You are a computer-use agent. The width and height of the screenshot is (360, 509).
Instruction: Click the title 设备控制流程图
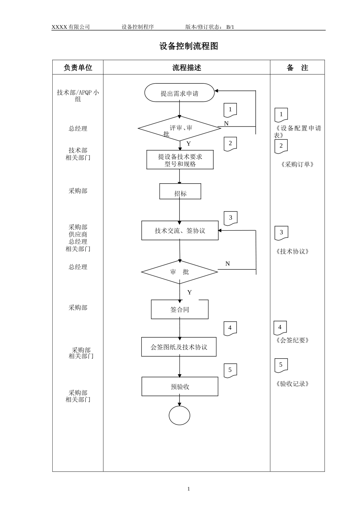188,46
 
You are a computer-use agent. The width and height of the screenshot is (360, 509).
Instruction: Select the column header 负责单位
78,68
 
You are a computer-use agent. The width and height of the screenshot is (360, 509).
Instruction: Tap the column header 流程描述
186,68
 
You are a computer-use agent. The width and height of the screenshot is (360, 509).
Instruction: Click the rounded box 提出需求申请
179,93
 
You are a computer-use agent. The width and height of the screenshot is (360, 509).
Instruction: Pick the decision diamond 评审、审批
179,129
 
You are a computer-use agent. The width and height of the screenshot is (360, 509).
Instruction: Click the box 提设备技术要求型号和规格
180,160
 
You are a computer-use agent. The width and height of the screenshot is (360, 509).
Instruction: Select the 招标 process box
180,192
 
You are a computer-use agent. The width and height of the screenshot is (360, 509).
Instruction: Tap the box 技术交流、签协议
180,231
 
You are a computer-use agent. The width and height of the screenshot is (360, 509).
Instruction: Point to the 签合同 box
180,309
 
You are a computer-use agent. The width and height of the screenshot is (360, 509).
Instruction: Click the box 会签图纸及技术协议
179,347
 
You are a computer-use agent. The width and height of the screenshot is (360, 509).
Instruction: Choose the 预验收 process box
180,387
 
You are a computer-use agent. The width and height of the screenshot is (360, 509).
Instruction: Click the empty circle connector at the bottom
180,415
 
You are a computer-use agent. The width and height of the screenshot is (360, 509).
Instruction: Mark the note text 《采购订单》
297,164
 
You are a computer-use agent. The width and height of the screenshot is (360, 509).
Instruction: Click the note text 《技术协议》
293,251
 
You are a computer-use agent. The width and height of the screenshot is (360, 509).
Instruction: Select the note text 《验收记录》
293,384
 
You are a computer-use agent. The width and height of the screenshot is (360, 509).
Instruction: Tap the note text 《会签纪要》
293,340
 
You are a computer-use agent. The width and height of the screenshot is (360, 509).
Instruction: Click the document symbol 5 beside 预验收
230,370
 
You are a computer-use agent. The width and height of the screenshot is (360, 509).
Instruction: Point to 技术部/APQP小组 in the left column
78,95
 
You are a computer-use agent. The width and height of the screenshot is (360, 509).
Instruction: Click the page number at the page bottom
189,489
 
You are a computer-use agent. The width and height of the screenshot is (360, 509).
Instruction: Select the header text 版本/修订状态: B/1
210,27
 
